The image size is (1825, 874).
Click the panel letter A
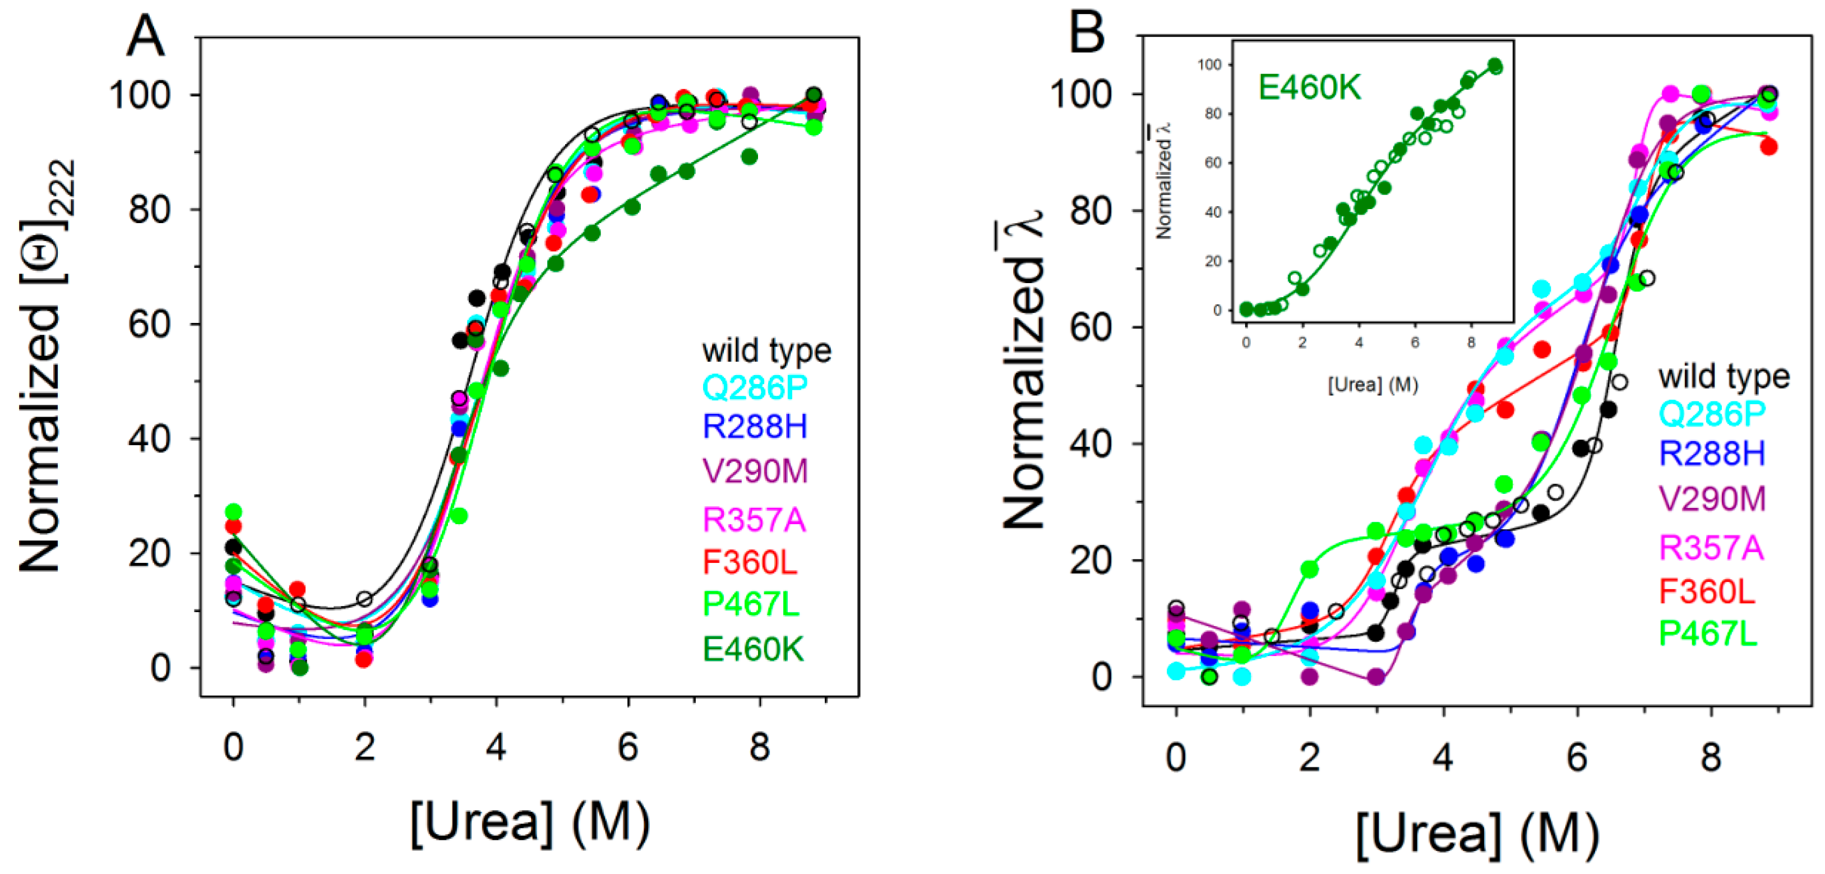[x=145, y=37]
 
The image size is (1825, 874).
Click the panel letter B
[x=1086, y=34]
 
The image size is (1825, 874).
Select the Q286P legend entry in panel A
[x=755, y=387]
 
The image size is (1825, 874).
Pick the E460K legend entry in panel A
[x=753, y=649]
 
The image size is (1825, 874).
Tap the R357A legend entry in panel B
[x=1711, y=548]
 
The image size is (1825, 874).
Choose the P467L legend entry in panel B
[x=1708, y=633]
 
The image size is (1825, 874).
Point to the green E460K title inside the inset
[x=1309, y=88]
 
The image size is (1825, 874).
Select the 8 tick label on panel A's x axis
[x=760, y=747]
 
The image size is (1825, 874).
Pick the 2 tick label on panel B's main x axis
[x=1309, y=757]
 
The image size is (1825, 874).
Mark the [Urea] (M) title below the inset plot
[x=1373, y=385]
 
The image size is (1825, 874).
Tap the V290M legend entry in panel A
[x=755, y=471]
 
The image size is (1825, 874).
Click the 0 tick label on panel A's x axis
[x=233, y=747]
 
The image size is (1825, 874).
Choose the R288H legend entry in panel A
[x=755, y=427]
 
